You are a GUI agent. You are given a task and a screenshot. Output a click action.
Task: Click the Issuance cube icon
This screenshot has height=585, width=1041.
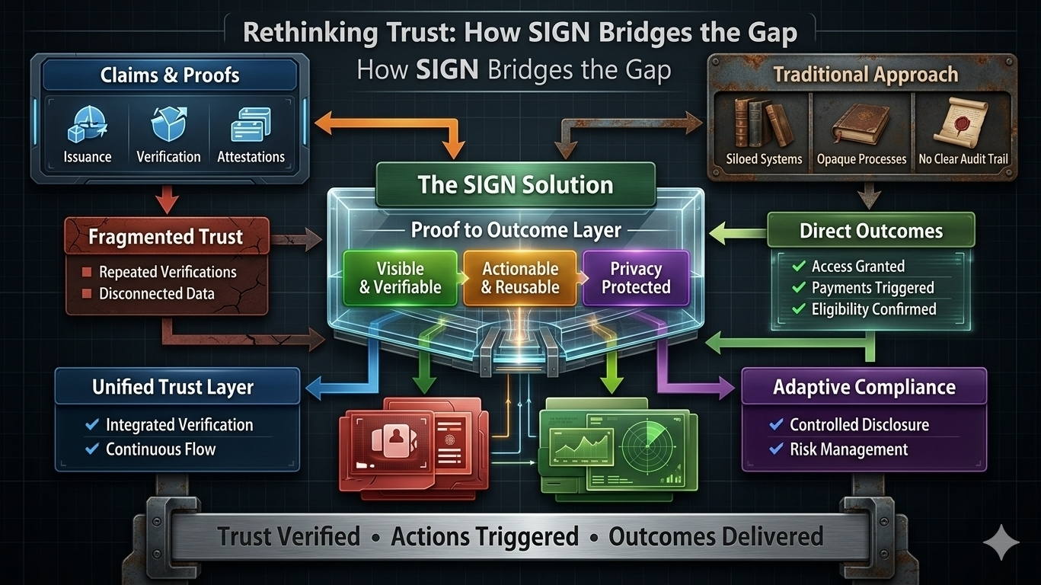click(x=87, y=124)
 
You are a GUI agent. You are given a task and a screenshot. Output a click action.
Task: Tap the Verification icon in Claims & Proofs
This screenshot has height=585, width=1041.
click(x=168, y=123)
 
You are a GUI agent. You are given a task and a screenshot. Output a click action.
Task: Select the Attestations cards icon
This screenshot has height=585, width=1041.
click(x=251, y=123)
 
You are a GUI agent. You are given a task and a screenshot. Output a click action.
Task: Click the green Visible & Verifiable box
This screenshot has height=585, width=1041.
click(x=400, y=278)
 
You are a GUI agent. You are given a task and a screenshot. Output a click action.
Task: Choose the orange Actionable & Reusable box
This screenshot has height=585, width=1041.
click(x=520, y=278)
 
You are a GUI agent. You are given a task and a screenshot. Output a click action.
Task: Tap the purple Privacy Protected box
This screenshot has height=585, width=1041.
click(x=636, y=278)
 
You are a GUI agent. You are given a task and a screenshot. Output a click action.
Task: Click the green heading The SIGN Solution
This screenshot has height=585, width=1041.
click(x=516, y=185)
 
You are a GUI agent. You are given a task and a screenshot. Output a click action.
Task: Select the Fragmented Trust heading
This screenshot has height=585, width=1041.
click(x=166, y=237)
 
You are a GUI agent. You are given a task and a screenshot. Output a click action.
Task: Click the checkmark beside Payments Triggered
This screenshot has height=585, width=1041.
click(x=799, y=288)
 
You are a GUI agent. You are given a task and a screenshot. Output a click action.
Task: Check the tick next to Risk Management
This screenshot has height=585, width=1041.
click(x=776, y=449)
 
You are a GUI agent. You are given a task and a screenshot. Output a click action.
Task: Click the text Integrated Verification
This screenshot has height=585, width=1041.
click(x=179, y=425)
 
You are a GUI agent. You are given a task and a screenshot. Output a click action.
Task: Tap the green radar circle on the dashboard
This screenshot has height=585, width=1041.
click(x=648, y=446)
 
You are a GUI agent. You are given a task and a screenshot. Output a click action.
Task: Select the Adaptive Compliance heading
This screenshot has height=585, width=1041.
click(x=864, y=387)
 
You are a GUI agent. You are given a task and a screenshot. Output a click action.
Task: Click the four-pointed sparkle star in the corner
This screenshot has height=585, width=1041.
click(x=1001, y=543)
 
